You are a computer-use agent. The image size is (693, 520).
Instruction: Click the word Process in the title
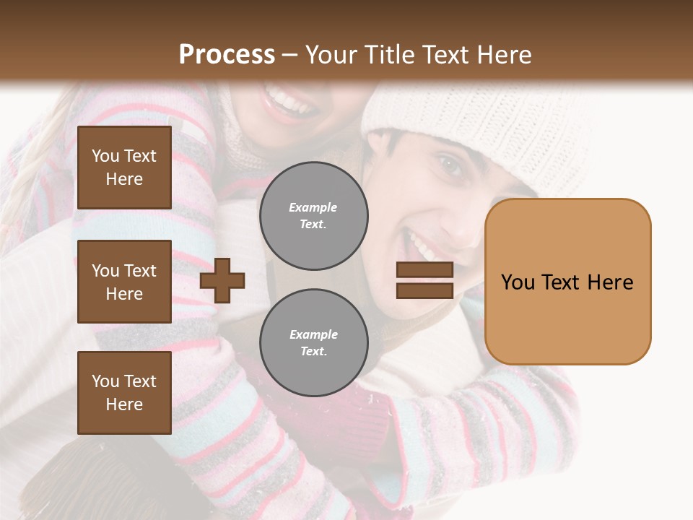[227, 55]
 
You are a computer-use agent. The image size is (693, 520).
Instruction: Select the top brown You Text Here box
[124, 168]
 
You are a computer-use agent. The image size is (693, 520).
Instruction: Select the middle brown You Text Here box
[124, 282]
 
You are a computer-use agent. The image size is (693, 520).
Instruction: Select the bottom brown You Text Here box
[124, 393]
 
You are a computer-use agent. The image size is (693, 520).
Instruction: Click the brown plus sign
[222, 280]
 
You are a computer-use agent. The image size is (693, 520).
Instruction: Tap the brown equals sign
[424, 280]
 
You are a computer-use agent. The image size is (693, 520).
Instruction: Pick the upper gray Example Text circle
[313, 216]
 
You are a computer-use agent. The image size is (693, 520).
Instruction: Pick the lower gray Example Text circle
[313, 343]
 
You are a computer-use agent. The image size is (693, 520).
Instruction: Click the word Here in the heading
[504, 55]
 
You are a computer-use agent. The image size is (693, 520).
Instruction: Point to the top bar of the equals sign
[424, 270]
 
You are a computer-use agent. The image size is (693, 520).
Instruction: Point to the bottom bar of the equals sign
[424, 290]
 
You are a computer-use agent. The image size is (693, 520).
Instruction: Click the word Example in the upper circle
[313, 208]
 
